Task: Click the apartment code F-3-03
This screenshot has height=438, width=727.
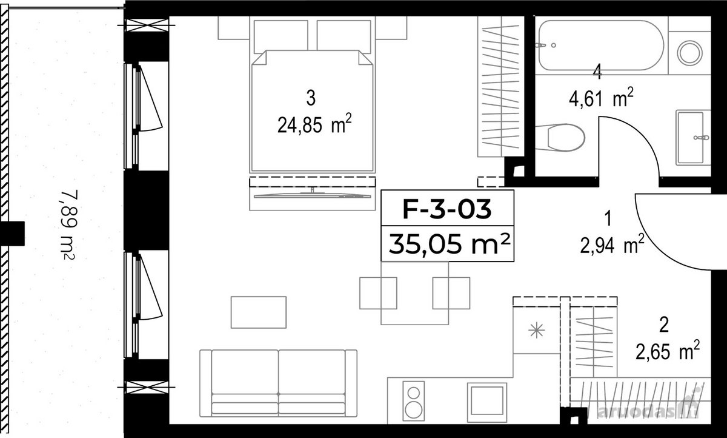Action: [447, 209]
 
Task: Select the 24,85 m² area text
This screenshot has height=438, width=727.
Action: [314, 125]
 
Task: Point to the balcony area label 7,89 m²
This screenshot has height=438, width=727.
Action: [68, 225]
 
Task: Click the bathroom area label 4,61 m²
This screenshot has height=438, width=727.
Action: [601, 98]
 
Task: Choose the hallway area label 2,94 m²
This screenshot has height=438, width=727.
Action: [612, 244]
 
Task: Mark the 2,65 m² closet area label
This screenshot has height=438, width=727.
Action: [667, 350]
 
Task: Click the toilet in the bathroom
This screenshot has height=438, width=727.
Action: [560, 138]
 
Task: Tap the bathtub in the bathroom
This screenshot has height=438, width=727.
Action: [601, 45]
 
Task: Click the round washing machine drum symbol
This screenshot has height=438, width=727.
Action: [689, 52]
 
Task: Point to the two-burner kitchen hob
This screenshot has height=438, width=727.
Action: [414, 401]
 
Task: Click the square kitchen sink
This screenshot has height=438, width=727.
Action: [487, 402]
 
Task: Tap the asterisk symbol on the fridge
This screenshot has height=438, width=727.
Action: [537, 331]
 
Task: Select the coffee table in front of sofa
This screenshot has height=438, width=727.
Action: [259, 312]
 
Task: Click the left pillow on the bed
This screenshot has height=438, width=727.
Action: [281, 36]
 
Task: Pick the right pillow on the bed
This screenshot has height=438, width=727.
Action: [344, 36]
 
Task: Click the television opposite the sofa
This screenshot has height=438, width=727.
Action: [312, 195]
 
